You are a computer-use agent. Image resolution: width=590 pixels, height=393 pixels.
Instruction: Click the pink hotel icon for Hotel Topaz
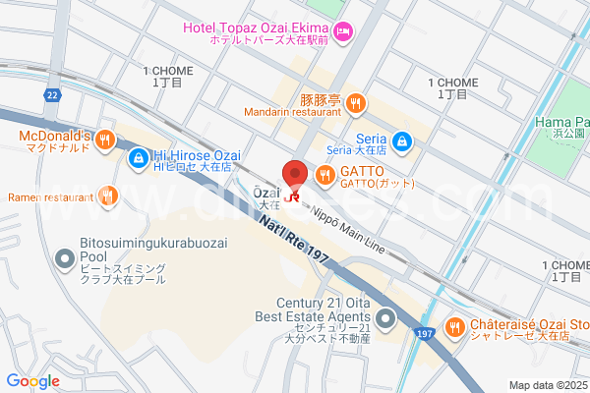[343, 33]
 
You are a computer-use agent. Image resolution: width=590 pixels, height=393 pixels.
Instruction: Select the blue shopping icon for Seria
[402, 142]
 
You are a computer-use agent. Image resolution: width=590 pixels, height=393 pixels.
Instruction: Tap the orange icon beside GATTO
[325, 175]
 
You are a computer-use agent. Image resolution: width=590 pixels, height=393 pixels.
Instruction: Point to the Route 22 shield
[53, 94]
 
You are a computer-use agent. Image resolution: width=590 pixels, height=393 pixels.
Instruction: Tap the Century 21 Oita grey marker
[384, 318]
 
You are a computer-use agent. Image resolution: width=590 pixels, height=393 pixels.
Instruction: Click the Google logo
[32, 381]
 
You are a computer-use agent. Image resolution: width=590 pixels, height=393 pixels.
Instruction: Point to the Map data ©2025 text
[547, 384]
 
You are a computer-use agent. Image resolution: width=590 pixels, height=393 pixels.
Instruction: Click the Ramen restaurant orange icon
[107, 196]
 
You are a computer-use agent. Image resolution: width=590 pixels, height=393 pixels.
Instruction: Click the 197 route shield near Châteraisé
[423, 332]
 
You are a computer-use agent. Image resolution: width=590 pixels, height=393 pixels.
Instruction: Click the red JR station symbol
[292, 196]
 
